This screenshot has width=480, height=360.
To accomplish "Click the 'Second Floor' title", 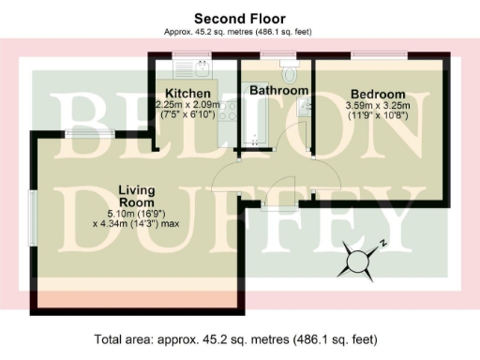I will pyautogui.click(x=239, y=18).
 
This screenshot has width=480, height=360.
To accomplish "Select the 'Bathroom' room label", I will pyautogui.click(x=278, y=90).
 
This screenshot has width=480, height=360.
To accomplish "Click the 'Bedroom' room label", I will pyautogui.click(x=378, y=94).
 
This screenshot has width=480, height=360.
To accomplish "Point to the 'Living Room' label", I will pyautogui.click(x=136, y=196).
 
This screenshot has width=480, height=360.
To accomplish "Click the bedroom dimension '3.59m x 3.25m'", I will pyautogui.click(x=378, y=107).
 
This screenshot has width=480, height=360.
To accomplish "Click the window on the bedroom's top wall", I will pyautogui.click(x=380, y=56).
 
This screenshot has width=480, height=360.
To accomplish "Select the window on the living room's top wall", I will pyautogui.click(x=90, y=133).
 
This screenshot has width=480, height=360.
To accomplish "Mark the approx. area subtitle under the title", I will pyautogui.click(x=239, y=31).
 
